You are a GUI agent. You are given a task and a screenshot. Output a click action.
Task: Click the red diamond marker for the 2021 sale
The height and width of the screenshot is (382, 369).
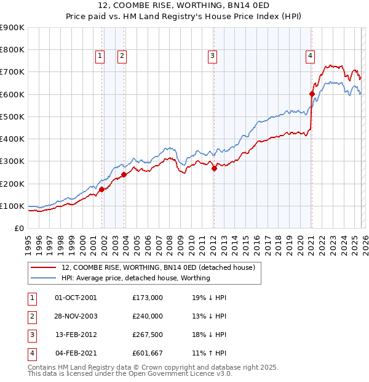coord(312,94)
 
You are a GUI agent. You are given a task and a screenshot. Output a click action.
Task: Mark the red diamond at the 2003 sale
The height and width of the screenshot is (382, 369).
coord(124,174)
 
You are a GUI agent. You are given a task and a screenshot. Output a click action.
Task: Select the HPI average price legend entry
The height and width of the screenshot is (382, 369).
coord(136,278)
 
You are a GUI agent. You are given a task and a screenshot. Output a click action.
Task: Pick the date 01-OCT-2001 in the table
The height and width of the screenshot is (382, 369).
coord(76,298)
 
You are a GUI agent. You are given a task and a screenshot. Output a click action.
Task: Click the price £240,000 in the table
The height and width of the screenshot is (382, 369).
coord(148,316)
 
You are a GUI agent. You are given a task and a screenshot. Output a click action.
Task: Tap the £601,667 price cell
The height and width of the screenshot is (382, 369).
coord(148,353)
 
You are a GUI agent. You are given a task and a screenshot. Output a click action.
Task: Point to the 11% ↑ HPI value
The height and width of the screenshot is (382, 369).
coord(209,353)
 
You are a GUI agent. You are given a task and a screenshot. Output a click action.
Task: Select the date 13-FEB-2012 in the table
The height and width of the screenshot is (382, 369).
coord(76,335)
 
